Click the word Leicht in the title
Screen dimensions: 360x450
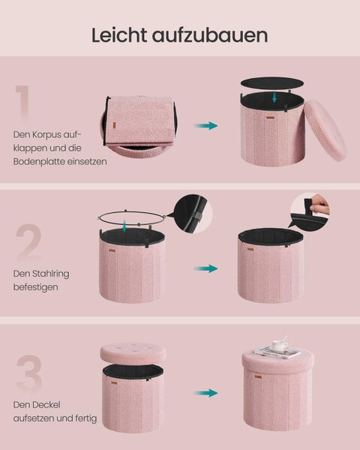click(119, 35)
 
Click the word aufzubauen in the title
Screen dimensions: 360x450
click(210, 35)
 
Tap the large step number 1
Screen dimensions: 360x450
click(22, 103)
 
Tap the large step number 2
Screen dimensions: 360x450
click(28, 242)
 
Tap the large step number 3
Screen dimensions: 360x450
click(29, 373)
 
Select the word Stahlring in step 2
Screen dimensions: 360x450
click(50, 274)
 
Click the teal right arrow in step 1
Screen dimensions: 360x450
click(205, 125)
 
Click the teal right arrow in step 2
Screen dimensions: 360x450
click(205, 268)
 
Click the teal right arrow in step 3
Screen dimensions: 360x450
click(205, 393)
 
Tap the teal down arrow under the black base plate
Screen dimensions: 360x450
click(274, 97)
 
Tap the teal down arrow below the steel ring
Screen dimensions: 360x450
click(124, 226)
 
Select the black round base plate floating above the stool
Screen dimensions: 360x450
click(271, 83)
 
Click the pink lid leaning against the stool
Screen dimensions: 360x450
click(325, 130)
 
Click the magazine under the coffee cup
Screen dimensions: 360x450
click(277, 352)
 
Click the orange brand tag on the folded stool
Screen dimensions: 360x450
click(114, 124)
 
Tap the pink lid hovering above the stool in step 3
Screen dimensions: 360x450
click(133, 352)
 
